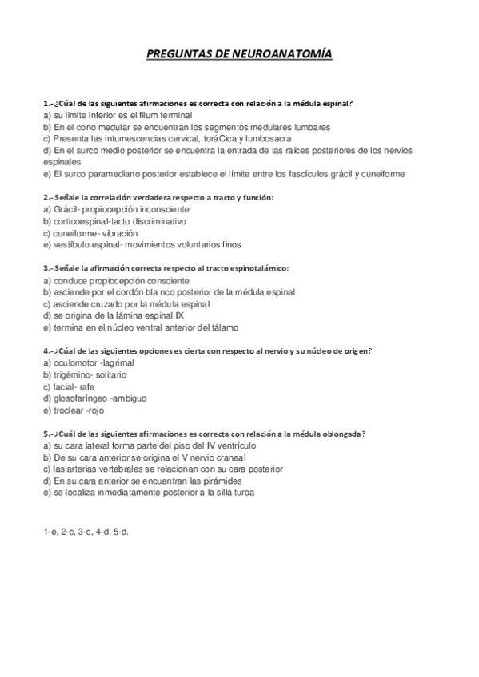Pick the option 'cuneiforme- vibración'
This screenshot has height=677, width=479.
[x=80, y=232]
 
